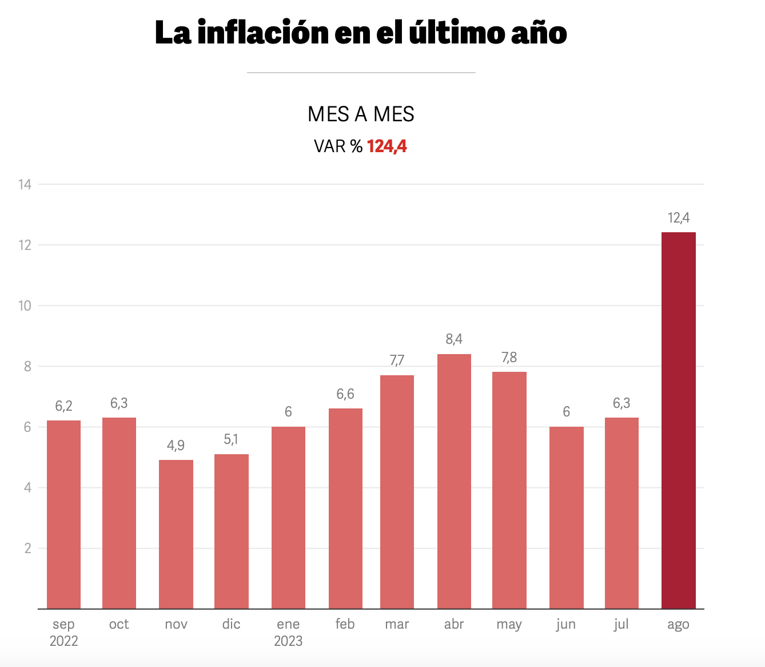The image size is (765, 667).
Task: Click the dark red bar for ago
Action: pyautogui.click(x=679, y=420)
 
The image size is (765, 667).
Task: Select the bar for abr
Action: pyautogui.click(x=454, y=481)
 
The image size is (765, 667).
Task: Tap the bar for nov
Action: pyautogui.click(x=176, y=534)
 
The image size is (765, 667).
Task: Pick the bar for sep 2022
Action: pyautogui.click(x=63, y=514)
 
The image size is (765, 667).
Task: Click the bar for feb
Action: pyautogui.click(x=345, y=509)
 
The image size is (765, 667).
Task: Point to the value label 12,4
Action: pyautogui.click(x=679, y=218)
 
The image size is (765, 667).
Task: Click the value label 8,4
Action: pyautogui.click(x=454, y=339)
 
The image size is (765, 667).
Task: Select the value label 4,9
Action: pyautogui.click(x=176, y=446)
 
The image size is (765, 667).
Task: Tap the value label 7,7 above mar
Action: pyautogui.click(x=397, y=360)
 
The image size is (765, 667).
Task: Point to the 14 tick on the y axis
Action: pyautogui.click(x=25, y=184)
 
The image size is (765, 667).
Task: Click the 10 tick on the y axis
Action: pyautogui.click(x=25, y=305)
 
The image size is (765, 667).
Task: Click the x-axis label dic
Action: pyautogui.click(x=232, y=624)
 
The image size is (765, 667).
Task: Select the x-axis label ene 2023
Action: pyautogui.click(x=288, y=632)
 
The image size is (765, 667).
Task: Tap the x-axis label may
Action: pyautogui.click(x=509, y=625)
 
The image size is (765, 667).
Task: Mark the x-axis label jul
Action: pyautogui.click(x=621, y=624)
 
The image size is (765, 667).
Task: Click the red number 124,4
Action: pyautogui.click(x=387, y=146)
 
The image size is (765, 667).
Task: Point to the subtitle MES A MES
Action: pyautogui.click(x=361, y=114)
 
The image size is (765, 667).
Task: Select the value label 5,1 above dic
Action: pyautogui.click(x=232, y=439)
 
